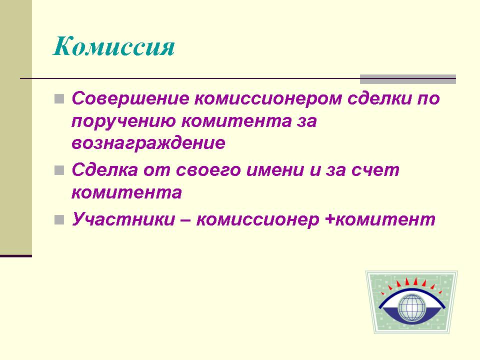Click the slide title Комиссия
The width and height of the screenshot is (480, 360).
tap(114, 46)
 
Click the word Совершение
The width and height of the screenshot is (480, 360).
tap(130, 98)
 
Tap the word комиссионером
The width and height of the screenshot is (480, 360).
tap(268, 99)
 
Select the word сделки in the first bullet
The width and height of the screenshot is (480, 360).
tap(378, 98)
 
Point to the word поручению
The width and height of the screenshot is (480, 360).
tap(124, 121)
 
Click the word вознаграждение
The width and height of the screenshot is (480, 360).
tap(148, 143)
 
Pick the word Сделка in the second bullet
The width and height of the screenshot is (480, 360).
tap(104, 169)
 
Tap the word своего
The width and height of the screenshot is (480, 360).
tap(208, 170)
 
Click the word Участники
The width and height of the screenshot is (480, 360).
tap(123, 219)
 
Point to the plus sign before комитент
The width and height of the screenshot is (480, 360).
tap(330, 220)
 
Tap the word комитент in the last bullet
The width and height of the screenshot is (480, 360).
tap(385, 220)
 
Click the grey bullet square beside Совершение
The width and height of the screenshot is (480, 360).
tap(59, 99)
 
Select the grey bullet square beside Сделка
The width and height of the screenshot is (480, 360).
tap(59, 170)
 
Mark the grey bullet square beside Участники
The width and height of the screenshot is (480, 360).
tap(59, 220)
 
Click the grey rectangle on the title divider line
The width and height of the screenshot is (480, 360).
tap(408, 79)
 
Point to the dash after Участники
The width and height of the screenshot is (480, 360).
tap(186, 220)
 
